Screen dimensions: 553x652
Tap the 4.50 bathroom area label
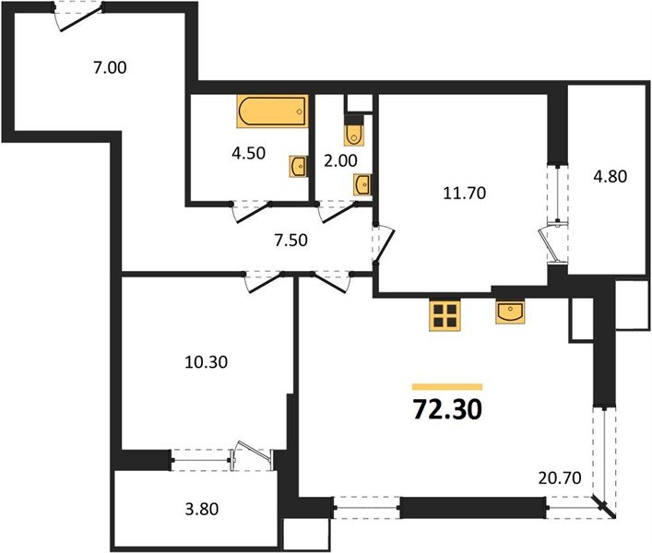[248, 153]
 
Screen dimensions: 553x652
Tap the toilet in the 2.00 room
[354, 135]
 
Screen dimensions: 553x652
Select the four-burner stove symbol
[445, 315]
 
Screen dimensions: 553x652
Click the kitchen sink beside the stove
[510, 313]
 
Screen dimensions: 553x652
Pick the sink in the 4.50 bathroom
[298, 167]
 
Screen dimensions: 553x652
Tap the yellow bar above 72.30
[447, 386]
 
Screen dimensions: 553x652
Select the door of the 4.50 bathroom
[249, 210]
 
